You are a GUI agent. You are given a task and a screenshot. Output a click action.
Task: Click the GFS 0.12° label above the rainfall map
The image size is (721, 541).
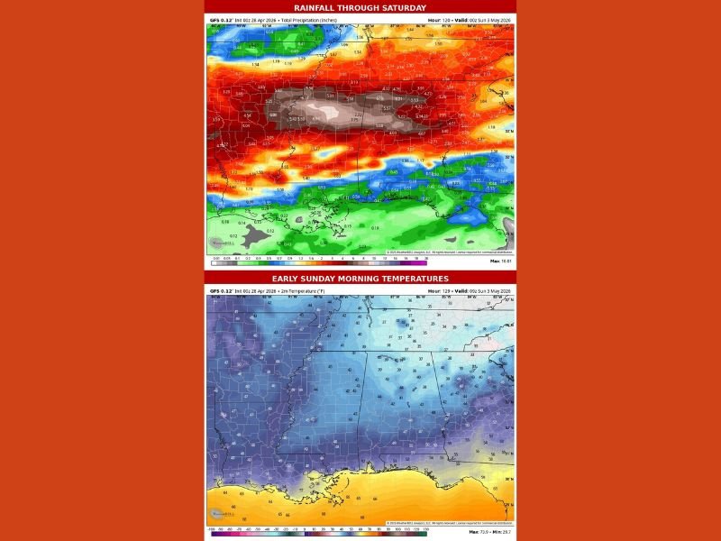[221, 18]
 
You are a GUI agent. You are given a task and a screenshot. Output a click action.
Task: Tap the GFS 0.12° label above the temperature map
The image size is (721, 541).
[221, 290]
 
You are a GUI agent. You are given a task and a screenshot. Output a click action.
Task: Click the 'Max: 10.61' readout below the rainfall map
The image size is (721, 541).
[500, 261]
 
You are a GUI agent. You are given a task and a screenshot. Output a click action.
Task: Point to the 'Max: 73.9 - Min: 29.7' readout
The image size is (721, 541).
[491, 533]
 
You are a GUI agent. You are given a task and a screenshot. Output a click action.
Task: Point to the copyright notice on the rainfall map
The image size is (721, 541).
[449, 252]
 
